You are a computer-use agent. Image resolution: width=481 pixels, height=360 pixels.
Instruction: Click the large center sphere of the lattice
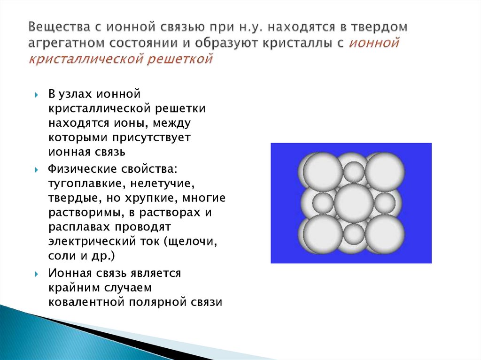point(354,203)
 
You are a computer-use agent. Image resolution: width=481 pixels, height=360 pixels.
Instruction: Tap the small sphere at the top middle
point(354,171)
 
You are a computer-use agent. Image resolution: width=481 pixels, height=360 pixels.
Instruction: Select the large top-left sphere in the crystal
point(323,171)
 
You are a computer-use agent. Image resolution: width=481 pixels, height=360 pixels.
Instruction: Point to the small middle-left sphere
point(323,203)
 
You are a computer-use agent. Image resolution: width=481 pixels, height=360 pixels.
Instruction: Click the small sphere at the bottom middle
point(354,234)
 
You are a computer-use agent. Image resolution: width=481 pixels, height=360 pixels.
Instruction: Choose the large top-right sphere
point(385,171)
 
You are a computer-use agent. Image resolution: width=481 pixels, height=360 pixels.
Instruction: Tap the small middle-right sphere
point(385,203)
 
